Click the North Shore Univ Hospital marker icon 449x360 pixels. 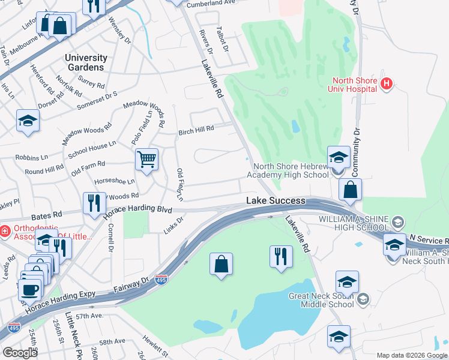point(387,85)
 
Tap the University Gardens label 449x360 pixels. point(86,62)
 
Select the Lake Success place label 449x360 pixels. point(276,201)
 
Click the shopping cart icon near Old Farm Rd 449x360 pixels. point(146,160)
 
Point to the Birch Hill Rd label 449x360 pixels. point(196,131)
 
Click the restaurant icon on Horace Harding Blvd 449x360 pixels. point(92,203)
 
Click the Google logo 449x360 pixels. point(19,353)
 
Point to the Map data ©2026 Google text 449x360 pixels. point(411,355)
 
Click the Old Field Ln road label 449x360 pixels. point(179,184)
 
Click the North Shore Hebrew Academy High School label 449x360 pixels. point(291,170)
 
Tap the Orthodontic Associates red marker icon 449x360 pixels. point(4,230)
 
